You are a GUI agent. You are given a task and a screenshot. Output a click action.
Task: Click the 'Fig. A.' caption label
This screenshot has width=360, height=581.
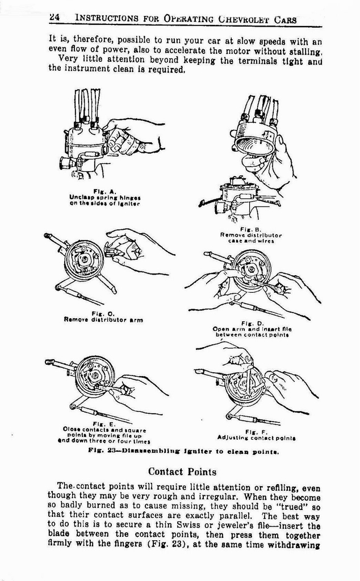pos(104,191)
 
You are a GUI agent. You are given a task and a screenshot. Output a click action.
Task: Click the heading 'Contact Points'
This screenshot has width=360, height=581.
pos(182,471)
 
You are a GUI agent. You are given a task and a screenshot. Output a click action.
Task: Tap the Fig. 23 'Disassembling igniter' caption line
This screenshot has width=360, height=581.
pos(183,452)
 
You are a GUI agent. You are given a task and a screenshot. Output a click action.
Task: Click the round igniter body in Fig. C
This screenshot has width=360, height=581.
pos(83,260)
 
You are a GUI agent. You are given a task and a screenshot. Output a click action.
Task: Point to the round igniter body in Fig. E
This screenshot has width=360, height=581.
pos(94,376)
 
